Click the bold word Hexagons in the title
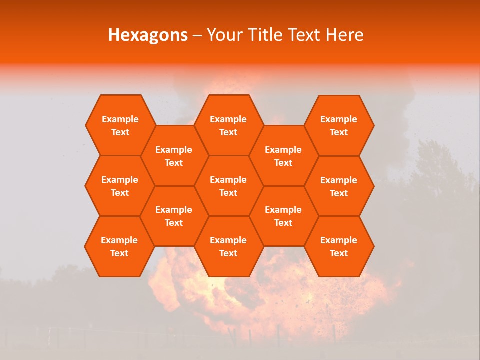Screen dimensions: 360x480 pos(148,35)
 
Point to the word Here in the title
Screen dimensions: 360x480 pos(345,35)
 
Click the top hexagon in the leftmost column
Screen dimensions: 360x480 pos(120,125)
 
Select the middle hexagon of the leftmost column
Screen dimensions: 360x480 pos(120,186)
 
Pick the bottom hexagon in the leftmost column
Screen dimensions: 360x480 pos(119,246)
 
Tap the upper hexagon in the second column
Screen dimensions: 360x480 pos(174,156)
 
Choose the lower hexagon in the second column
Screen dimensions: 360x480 pos(174,216)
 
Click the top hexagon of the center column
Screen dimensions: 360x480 pos(228,125)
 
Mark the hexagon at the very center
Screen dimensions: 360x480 pos(228,186)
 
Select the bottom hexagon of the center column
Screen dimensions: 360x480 pos(228,246)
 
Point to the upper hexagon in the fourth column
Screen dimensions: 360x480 pos(283,156)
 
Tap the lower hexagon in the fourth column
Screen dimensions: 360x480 pos(283,216)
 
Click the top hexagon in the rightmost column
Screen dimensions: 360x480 pos(339,125)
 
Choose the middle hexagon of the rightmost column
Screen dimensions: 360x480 pos(339,186)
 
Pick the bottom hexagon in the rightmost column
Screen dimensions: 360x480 pos(339,246)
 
